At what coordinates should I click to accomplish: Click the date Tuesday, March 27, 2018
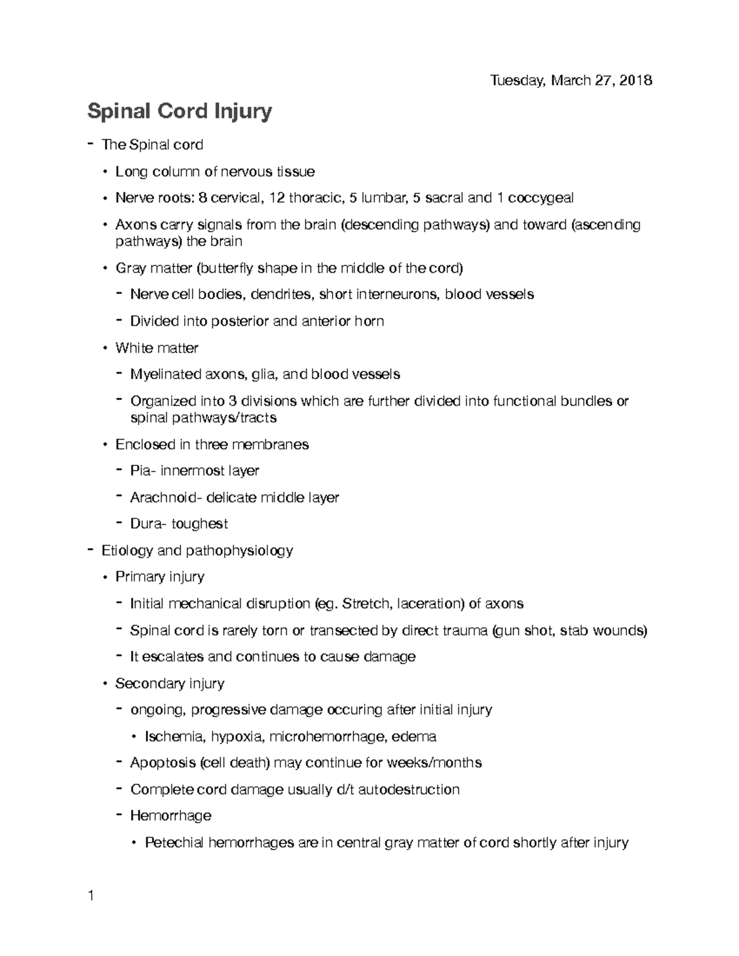pos(570,80)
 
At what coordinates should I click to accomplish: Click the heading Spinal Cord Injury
pos(179,111)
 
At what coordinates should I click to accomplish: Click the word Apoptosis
pos(163,763)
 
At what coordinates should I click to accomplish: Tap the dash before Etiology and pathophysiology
pos(91,549)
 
